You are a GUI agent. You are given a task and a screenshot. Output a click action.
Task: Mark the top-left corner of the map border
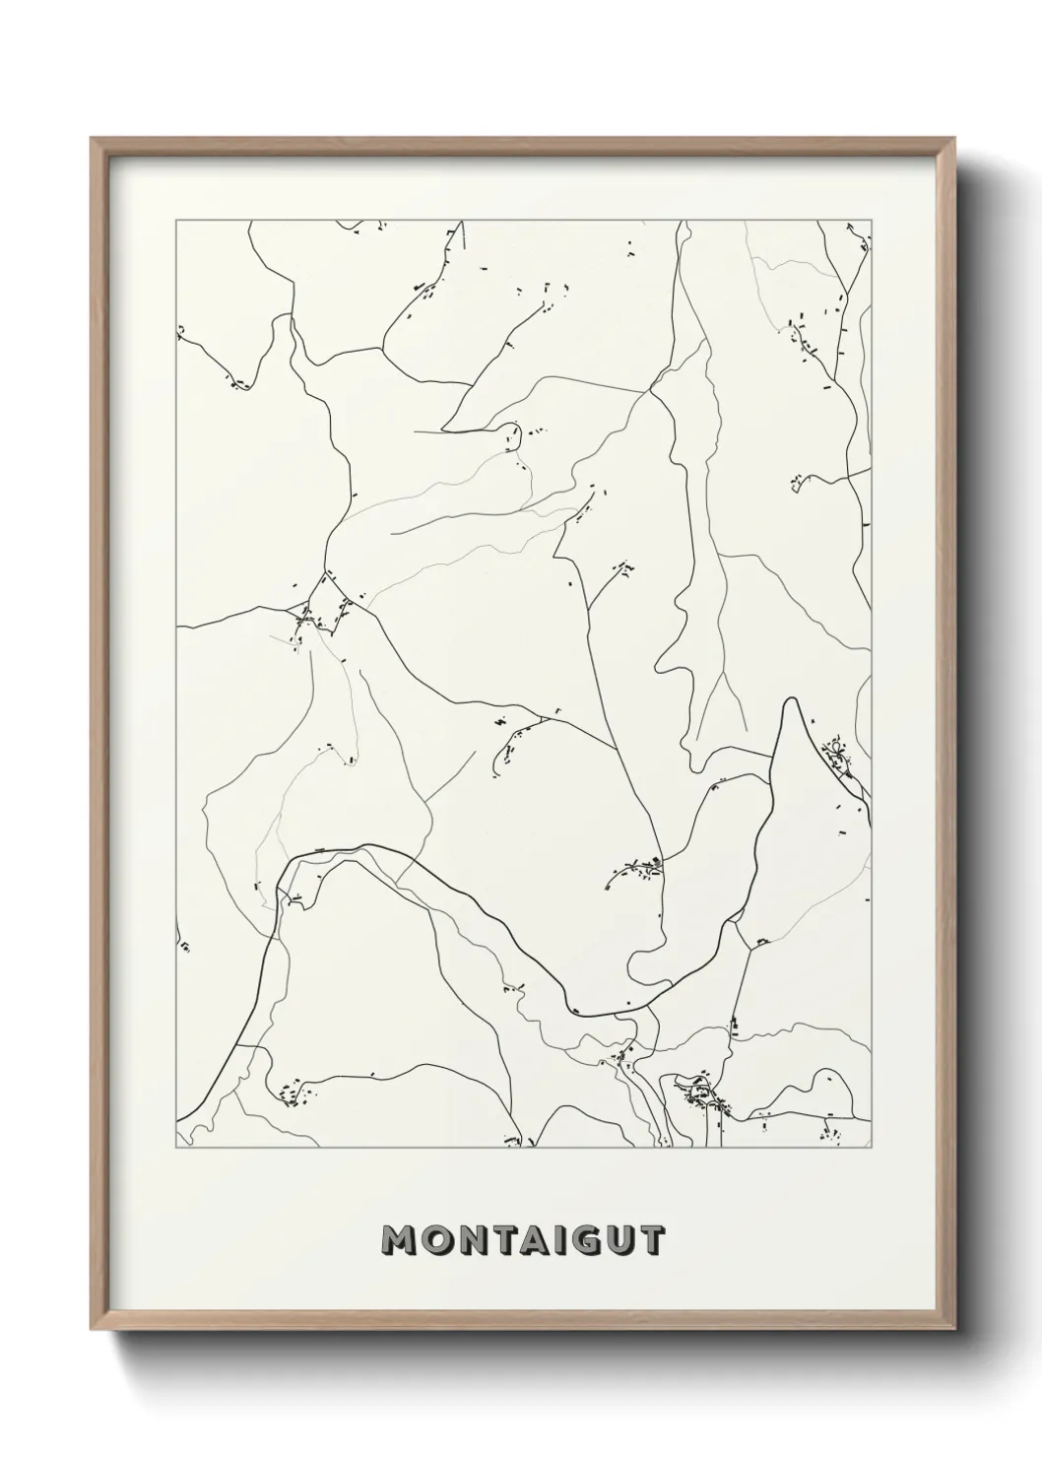[176, 221]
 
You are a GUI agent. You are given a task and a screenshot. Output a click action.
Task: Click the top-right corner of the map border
[871, 221]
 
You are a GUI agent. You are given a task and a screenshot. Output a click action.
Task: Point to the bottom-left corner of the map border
[176, 1149]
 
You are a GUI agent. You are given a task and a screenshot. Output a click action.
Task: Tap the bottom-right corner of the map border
[871, 1149]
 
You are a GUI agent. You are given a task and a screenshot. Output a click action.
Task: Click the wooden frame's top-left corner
[91, 138]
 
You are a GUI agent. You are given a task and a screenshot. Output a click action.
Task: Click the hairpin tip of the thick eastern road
[789, 701]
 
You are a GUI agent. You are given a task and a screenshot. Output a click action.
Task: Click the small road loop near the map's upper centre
[510, 433]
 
